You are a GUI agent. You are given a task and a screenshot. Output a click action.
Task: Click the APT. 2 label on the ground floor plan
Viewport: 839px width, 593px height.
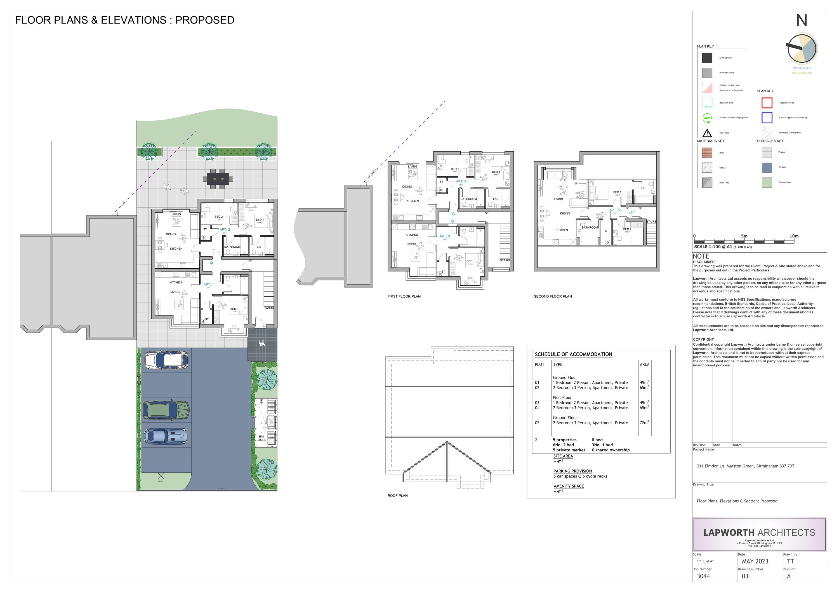coord(225,229)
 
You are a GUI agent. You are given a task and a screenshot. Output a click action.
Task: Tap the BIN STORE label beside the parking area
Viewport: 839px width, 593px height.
coord(261,438)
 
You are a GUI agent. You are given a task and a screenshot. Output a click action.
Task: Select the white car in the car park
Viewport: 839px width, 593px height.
coord(166,360)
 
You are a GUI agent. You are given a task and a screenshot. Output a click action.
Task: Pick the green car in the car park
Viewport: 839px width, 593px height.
coord(166,410)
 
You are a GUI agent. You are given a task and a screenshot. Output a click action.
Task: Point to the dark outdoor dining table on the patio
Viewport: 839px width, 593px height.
coord(218,179)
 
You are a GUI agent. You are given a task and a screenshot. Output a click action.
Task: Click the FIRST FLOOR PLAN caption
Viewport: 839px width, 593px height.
coord(404,297)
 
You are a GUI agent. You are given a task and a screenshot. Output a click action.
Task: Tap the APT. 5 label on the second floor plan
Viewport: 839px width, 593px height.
coord(614,210)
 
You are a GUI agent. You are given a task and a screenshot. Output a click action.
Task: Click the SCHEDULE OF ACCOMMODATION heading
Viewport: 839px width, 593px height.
coord(573,354)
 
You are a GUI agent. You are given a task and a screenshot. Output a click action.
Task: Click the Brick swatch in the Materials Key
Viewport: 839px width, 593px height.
coord(707,153)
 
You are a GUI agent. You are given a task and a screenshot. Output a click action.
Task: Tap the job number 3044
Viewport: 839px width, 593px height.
coord(703,576)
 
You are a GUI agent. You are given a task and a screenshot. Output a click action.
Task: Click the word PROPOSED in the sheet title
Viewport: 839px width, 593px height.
coord(205,20)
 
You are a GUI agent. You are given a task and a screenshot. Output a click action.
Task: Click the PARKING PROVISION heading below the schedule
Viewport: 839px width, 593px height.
coord(572,471)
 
